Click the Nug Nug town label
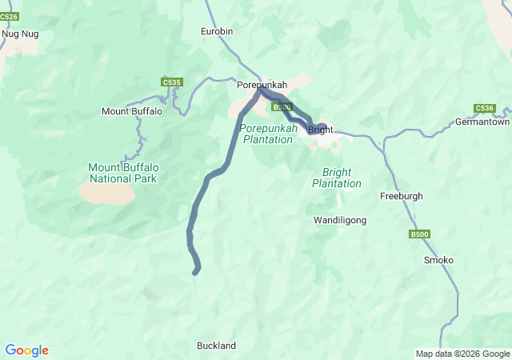point(20,34)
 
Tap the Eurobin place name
point(216,31)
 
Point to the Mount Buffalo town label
point(132,111)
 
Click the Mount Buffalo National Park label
point(122,173)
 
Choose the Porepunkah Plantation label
point(268,134)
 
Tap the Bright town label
point(320,130)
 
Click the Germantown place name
point(482,122)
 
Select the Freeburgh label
point(401,196)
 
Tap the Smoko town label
point(438,260)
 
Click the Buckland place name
point(217,346)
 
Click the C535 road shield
point(171,82)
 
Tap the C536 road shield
point(484,108)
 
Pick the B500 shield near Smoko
point(419,234)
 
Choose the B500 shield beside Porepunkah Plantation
point(282,107)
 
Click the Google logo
point(26,350)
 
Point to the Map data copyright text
point(462,354)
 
